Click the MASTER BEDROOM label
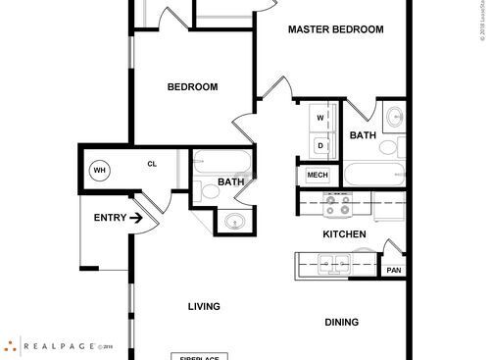tap(335, 29)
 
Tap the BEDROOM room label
tap(192, 87)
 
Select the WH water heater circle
tap(99, 170)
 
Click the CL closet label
tap(152, 164)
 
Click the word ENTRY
tap(109, 218)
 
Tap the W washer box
tap(319, 118)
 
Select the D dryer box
tap(319, 145)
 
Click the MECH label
tap(317, 176)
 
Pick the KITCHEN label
tap(345, 234)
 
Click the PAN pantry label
tap(394, 271)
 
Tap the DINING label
tap(342, 322)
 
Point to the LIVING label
tap(204, 306)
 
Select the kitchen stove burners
tap(339, 205)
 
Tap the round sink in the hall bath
tap(233, 221)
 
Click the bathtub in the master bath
tap(367, 176)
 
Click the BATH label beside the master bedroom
tap(364, 135)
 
